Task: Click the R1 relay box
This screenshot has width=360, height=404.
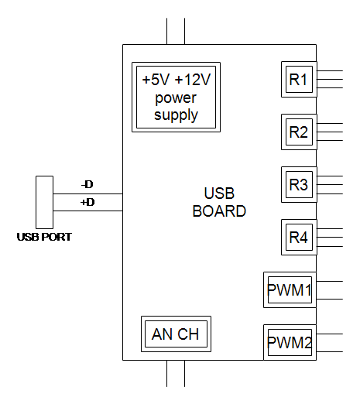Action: click(299, 80)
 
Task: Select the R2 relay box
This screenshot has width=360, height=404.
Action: click(299, 132)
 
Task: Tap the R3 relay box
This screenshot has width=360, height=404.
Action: click(299, 185)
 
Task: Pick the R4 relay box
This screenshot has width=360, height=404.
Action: click(299, 238)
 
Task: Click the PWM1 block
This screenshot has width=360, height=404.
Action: click(290, 290)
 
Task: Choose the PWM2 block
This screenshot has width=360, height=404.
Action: click(290, 343)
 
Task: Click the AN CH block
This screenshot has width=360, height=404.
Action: click(176, 334)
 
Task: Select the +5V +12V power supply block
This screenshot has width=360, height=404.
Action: click(176, 98)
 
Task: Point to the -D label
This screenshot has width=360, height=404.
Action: click(87, 184)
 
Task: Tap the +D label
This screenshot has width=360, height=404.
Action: click(87, 202)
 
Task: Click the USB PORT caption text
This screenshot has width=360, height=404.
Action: click(44, 237)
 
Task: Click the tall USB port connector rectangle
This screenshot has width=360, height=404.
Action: click(44, 202)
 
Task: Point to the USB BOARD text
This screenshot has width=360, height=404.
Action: click(219, 202)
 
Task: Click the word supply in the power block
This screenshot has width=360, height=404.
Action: click(176, 115)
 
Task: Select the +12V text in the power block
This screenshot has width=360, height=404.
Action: click(193, 80)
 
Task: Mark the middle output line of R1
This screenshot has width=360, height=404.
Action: click(330, 79)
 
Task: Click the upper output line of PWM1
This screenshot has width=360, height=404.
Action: click(330, 281)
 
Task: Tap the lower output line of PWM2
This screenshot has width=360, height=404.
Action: click(330, 351)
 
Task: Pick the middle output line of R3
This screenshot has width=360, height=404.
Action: click(330, 185)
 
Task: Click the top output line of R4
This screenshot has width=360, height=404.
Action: click(330, 228)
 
